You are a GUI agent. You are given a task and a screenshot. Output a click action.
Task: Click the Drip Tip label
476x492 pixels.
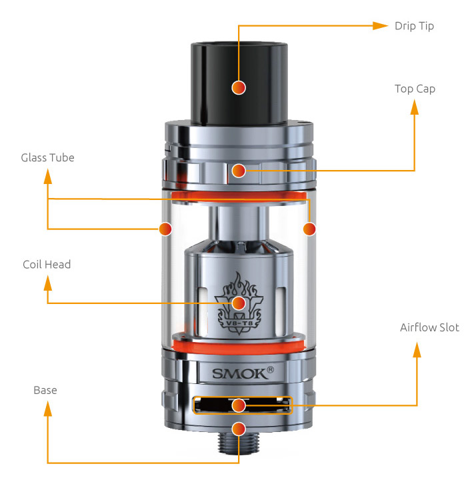pyautogui.click(x=414, y=26)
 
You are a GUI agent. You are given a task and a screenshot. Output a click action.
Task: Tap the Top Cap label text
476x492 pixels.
pyautogui.click(x=415, y=89)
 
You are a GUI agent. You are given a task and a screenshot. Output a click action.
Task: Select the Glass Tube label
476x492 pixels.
pyautogui.click(x=48, y=157)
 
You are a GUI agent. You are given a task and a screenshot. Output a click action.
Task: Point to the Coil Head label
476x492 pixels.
pyautogui.click(x=47, y=265)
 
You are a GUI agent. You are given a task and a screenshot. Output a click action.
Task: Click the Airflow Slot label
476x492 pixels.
pyautogui.click(x=429, y=327)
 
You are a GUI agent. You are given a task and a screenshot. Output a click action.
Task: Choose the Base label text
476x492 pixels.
pyautogui.click(x=45, y=391)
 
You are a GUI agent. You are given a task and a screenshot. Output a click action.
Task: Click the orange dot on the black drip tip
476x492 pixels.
pyautogui.click(x=239, y=87)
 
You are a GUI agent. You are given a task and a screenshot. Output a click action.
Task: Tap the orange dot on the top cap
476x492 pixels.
pyautogui.click(x=239, y=171)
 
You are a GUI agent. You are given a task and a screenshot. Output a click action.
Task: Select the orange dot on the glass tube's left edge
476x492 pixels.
pyautogui.click(x=165, y=229)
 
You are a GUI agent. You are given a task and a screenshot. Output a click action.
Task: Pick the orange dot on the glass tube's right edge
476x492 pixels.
pyautogui.click(x=309, y=229)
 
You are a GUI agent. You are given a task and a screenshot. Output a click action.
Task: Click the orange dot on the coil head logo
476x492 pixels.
pyautogui.click(x=239, y=303)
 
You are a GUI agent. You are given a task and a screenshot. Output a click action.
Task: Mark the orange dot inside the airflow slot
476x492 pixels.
pyautogui.click(x=239, y=405)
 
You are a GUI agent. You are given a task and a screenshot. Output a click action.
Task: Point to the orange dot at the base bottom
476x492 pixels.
pyautogui.click(x=239, y=429)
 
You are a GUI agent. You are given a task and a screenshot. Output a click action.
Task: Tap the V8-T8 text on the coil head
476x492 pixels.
pyautogui.click(x=239, y=323)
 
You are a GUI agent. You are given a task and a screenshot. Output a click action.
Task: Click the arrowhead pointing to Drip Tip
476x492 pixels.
pyautogui.click(x=380, y=26)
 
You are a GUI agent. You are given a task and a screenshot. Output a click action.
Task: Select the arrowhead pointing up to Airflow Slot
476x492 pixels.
pyautogui.click(x=417, y=349)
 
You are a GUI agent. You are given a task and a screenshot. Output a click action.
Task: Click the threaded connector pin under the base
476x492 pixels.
pyautogui.click(x=239, y=443)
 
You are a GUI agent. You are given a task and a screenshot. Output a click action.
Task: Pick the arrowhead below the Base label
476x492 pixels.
pyautogui.click(x=48, y=409)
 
